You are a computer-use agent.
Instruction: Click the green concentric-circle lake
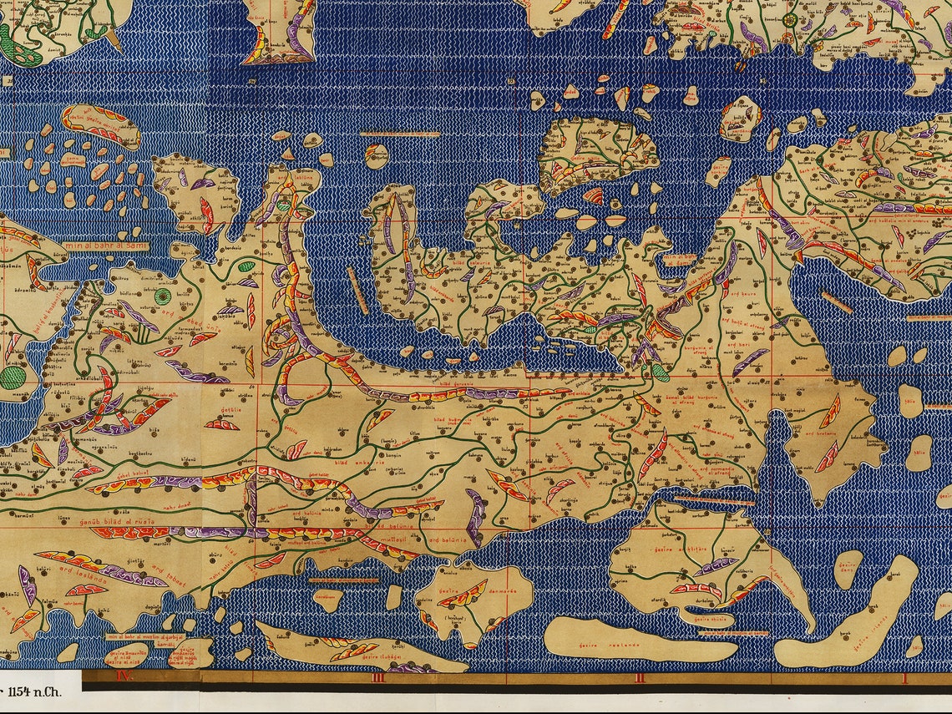pyautogui.click(x=162, y=296)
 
